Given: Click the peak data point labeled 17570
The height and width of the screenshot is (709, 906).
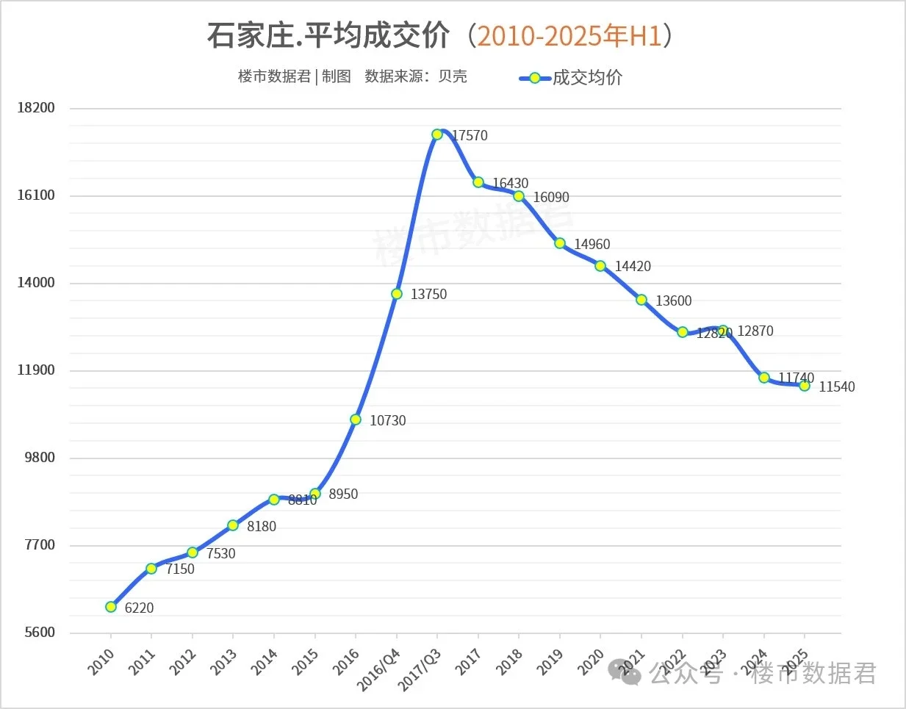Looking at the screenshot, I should coord(437,134).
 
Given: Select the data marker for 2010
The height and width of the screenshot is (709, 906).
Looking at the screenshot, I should coord(111,607).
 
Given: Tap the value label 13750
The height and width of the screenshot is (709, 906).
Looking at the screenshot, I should coord(428,295).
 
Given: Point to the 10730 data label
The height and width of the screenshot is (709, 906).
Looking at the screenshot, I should coord(387,421).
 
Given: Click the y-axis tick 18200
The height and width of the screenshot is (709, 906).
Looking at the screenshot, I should coord(36,108).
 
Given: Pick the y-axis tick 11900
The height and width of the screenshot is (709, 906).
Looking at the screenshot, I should coord(36,370).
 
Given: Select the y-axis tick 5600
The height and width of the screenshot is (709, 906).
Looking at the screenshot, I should coord(40,633).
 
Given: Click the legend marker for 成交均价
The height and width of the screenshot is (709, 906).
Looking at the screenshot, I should coord(535,78).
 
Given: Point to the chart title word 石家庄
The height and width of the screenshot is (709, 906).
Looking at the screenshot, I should coord(250,35).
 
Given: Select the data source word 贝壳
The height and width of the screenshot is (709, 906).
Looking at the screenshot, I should coord(453,76).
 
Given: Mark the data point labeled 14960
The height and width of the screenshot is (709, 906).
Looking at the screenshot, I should coord(560,243).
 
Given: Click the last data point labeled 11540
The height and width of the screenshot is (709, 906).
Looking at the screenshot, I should coord(805,386).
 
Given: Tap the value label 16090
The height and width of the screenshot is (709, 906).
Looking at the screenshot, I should coord(551,198).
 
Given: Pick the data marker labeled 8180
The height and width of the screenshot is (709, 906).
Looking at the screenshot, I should coord(233,525).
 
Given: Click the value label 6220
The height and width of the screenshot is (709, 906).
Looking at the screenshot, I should coord(139,608).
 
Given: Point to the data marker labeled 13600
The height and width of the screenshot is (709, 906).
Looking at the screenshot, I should coord(641,300).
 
